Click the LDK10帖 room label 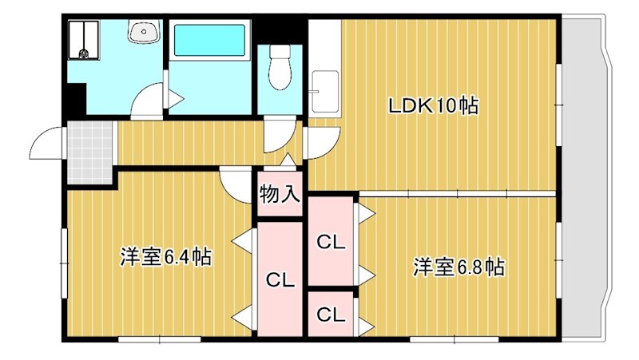click(x=433, y=106)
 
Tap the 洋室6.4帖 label click(x=165, y=256)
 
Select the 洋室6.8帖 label click(x=458, y=267)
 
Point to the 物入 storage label click(x=280, y=194)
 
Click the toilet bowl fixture click(x=280, y=67)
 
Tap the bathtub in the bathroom click(x=209, y=40)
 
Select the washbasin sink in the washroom click(x=144, y=31)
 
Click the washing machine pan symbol click(x=84, y=40)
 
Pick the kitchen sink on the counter click(x=325, y=92)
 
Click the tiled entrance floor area click(x=90, y=152)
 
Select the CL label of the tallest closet click(x=280, y=279)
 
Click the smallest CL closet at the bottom click(x=331, y=314)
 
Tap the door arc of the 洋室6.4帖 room click(x=236, y=186)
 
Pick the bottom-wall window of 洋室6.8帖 click(x=454, y=338)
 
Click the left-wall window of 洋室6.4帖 click(x=64, y=263)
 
